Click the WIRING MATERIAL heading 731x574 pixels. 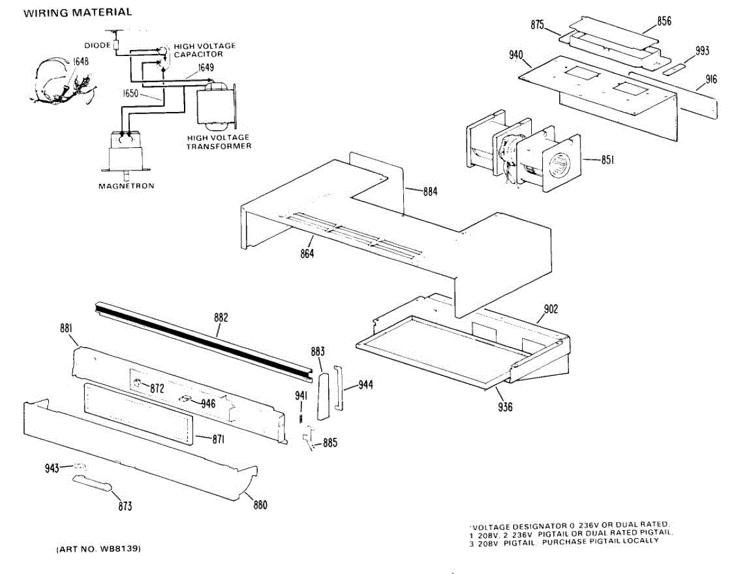[x=77, y=12]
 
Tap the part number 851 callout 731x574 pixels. [x=607, y=160]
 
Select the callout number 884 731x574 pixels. [x=430, y=191]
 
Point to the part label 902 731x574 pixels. [x=551, y=309]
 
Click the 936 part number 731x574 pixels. [x=505, y=407]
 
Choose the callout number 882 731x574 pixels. [x=221, y=317]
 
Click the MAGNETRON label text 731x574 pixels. [x=126, y=186]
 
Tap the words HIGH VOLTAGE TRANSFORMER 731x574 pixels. [x=219, y=142]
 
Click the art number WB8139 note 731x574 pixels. [x=99, y=549]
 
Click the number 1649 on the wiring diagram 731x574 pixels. [x=205, y=68]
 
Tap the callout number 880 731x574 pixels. [x=260, y=505]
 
